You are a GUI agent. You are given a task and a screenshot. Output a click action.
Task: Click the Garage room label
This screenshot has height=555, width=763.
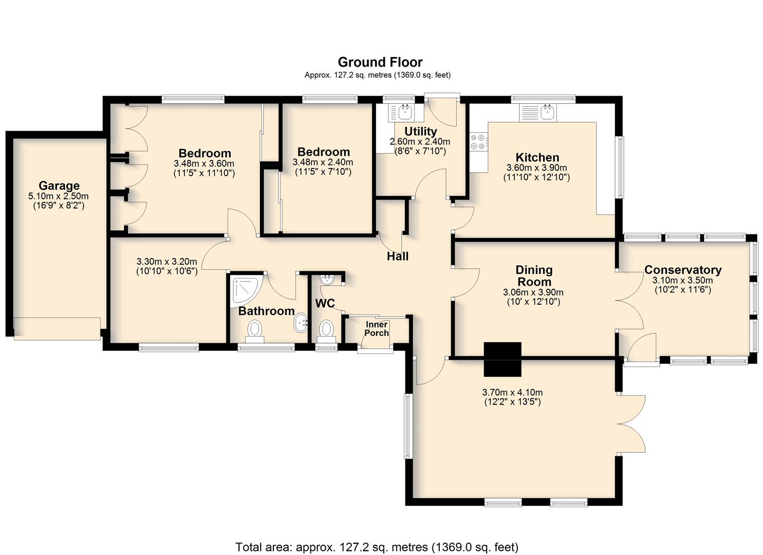pyautogui.click(x=59, y=186)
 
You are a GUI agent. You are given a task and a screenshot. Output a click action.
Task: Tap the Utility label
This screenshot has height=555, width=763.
pyautogui.click(x=420, y=131)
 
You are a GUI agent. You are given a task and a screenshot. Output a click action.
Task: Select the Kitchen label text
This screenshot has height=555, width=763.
pyautogui.click(x=537, y=157)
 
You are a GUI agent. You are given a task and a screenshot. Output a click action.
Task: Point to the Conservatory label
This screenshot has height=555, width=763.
pyautogui.click(x=683, y=270)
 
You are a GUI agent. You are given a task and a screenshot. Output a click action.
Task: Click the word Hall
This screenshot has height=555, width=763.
pyautogui.click(x=398, y=256)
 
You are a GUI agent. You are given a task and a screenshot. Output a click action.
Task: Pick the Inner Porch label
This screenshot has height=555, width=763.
pyautogui.click(x=377, y=329)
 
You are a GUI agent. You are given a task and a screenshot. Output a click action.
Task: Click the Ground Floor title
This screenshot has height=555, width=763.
pyautogui.click(x=380, y=62)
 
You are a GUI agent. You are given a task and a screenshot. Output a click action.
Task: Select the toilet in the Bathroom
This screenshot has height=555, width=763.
pyautogui.click(x=255, y=331)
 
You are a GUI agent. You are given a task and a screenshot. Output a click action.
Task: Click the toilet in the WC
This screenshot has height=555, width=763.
pyautogui.click(x=326, y=331)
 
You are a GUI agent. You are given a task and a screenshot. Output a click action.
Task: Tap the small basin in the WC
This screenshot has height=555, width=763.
pyautogui.click(x=328, y=280)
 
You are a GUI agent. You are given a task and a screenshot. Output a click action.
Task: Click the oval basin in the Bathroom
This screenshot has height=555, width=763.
pyautogui.click(x=301, y=323)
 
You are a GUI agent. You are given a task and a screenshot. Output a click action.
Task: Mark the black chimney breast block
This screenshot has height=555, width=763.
pyautogui.click(x=503, y=359)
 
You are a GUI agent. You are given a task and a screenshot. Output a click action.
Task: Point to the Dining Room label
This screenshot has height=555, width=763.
pyautogui.click(x=534, y=276)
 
